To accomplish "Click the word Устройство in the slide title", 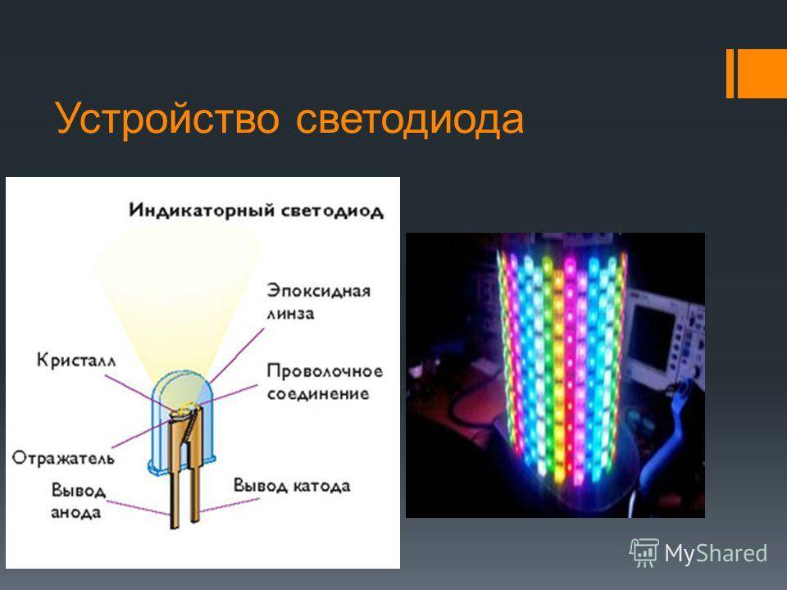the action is (167, 119).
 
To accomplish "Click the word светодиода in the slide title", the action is (410, 120).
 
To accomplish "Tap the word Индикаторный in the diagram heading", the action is (202, 211).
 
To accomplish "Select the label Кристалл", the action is (76, 361).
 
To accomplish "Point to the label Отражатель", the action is (63, 458).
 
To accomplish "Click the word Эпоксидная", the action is (319, 291).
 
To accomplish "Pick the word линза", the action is (290, 314).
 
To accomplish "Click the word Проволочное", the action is (325, 371).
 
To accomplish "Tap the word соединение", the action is (318, 394).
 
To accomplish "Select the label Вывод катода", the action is (292, 486).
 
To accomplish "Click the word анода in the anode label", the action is (75, 513).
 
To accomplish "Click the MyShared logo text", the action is (716, 554).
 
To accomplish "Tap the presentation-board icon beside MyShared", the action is (644, 553).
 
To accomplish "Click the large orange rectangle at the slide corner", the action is (762, 73).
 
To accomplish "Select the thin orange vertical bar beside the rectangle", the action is (730, 73).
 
